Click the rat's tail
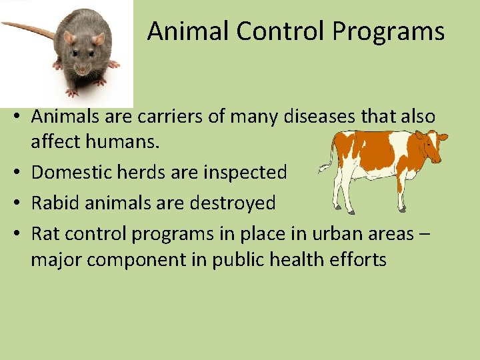[27, 28]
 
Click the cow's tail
[327, 160]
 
